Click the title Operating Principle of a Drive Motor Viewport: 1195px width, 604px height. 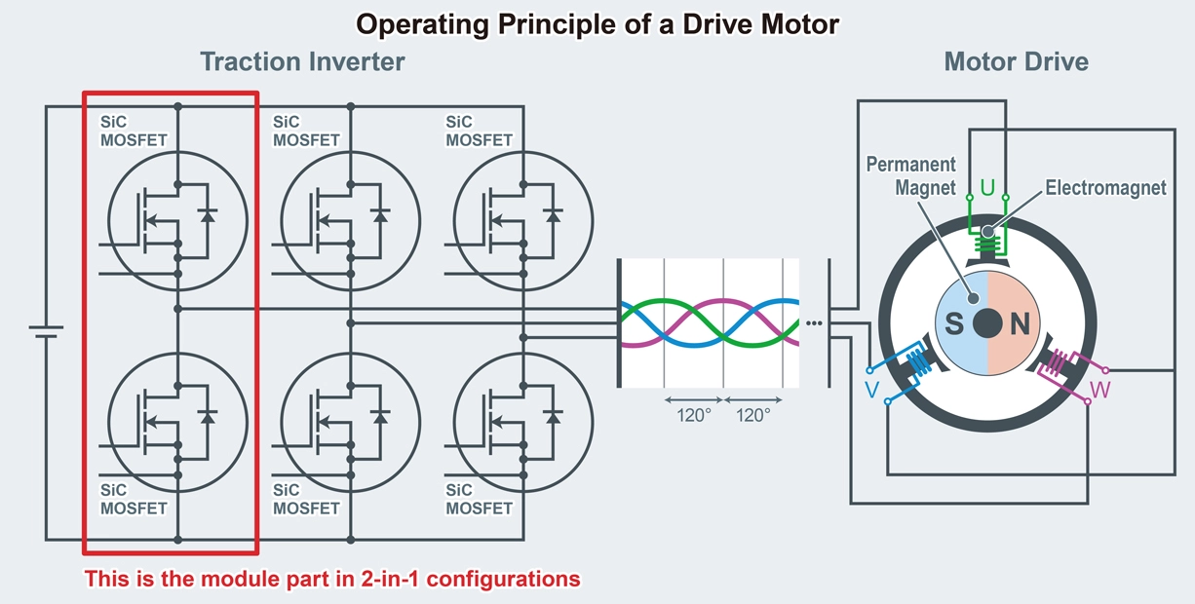[x=597, y=23]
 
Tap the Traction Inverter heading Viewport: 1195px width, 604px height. [x=302, y=62]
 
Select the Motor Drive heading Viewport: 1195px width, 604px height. [x=1016, y=62]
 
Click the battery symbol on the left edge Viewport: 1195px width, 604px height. [x=45, y=331]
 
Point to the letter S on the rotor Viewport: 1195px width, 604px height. [x=954, y=324]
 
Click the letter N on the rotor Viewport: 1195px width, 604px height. [x=1020, y=324]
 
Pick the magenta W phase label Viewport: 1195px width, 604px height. [x=1099, y=390]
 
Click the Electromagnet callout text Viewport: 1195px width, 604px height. [x=1105, y=188]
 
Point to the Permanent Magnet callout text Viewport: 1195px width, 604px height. [x=910, y=175]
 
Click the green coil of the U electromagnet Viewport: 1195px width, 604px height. [x=987, y=242]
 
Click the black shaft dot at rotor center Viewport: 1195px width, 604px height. [x=987, y=323]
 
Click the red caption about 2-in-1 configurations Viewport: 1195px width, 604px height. [x=332, y=579]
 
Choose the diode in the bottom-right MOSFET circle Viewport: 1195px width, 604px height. [x=554, y=416]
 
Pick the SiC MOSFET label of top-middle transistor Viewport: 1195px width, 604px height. [x=305, y=132]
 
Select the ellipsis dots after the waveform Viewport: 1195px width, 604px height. [x=815, y=323]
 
